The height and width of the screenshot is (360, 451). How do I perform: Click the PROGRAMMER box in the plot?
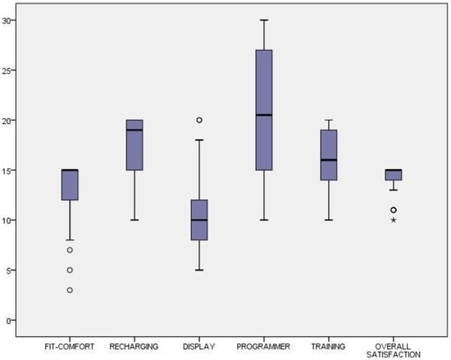pos(264,110)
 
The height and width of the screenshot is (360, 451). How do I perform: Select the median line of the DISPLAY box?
pos(199,220)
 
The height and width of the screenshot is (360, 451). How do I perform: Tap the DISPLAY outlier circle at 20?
pos(199,120)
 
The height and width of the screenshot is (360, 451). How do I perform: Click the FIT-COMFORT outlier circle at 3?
pos(70,290)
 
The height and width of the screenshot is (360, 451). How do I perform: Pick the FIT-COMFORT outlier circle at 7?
pos(70,250)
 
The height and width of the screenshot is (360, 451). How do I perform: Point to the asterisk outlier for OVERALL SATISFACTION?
pos(394,221)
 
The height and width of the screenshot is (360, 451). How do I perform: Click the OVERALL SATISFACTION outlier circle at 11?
pos(394,210)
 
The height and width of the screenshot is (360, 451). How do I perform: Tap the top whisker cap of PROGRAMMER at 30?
pos(264,21)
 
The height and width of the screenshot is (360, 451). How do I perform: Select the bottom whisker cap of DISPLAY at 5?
pos(199,270)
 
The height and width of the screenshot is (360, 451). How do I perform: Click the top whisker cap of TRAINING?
pos(329,120)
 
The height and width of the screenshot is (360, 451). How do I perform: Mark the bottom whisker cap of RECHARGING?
pos(134,220)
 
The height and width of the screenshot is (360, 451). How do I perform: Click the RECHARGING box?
pos(134,145)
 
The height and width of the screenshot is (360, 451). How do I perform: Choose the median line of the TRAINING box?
pos(329,160)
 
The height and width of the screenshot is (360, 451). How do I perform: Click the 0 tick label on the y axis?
pos(9,321)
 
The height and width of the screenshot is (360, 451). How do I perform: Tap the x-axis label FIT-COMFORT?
pos(70,347)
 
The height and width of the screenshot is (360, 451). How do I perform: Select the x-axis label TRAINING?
pos(328,347)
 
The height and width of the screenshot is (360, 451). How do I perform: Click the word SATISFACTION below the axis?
pos(393,354)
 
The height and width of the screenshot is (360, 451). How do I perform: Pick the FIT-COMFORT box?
pos(70,185)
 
